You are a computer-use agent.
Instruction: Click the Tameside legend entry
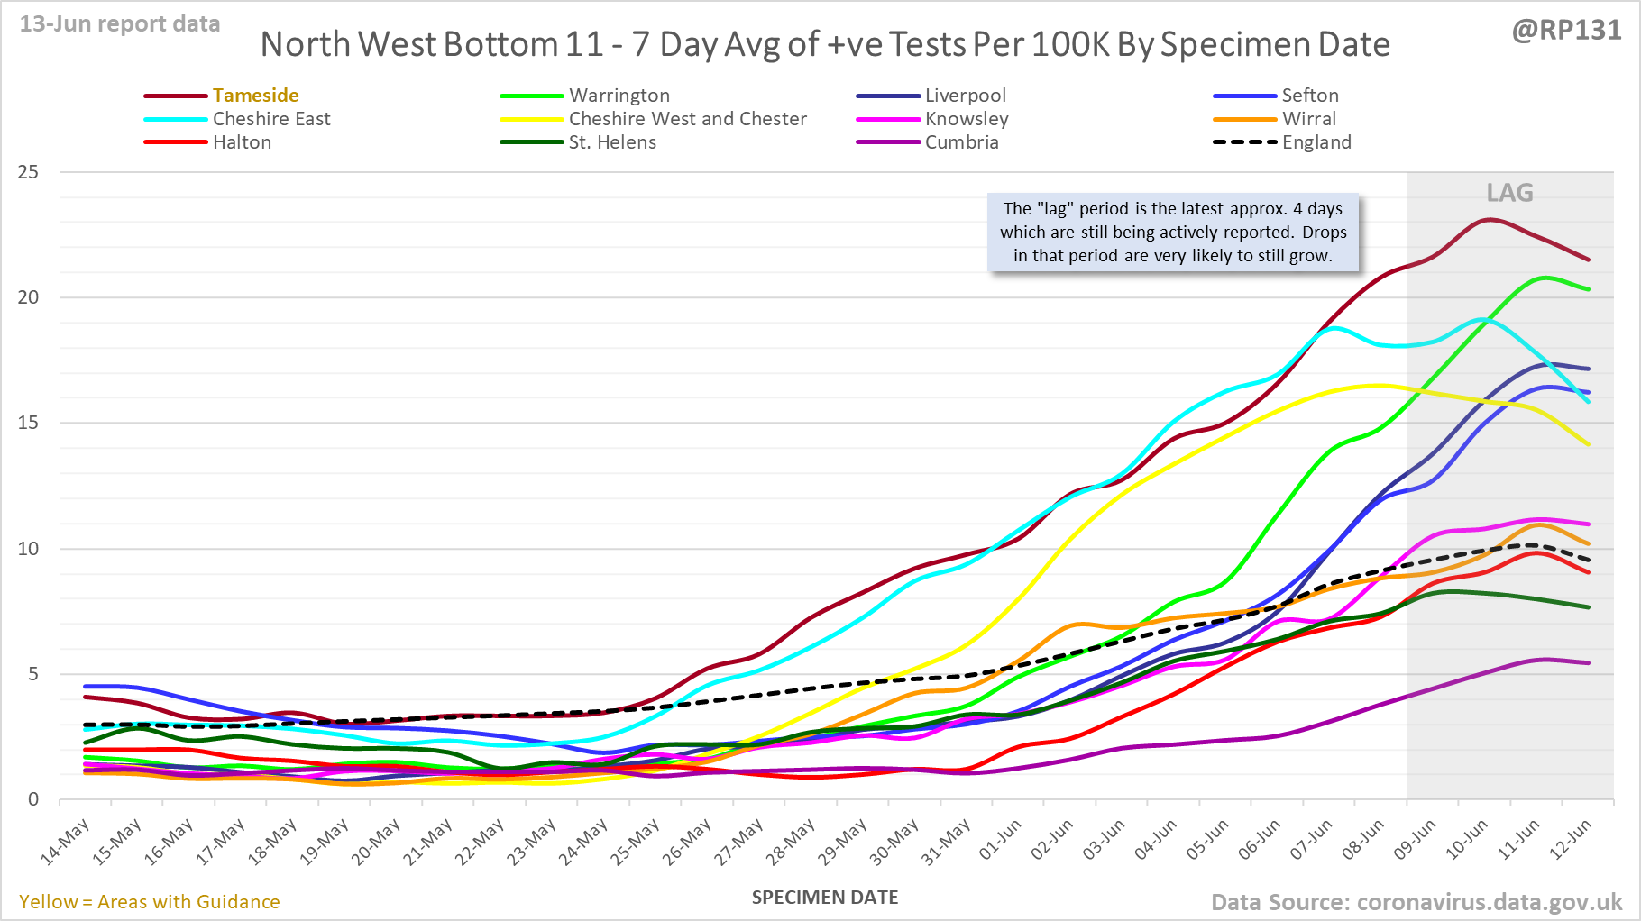tap(255, 96)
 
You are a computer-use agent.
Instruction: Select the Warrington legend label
tap(619, 96)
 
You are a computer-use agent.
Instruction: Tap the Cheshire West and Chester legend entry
tap(687, 119)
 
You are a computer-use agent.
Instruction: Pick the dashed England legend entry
tap(1316, 142)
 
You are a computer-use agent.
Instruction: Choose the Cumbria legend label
tap(961, 142)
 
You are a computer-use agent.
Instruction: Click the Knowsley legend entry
tap(966, 119)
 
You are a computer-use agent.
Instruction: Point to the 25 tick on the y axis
tap(29, 172)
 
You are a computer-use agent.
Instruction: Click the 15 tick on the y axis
tap(29, 423)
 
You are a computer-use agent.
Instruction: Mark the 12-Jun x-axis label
tap(1572, 841)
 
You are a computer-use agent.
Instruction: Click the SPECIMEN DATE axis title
tap(825, 898)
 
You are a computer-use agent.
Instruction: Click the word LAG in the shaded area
tap(1509, 193)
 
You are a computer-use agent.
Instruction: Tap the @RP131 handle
tap(1566, 31)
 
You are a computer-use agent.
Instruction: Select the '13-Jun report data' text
tap(120, 24)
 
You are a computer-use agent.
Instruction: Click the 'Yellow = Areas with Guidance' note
tap(150, 902)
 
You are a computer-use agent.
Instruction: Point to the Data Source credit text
tap(1416, 902)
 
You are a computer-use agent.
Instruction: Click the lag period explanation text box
tap(1173, 233)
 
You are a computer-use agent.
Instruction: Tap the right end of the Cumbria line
tap(1588, 663)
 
